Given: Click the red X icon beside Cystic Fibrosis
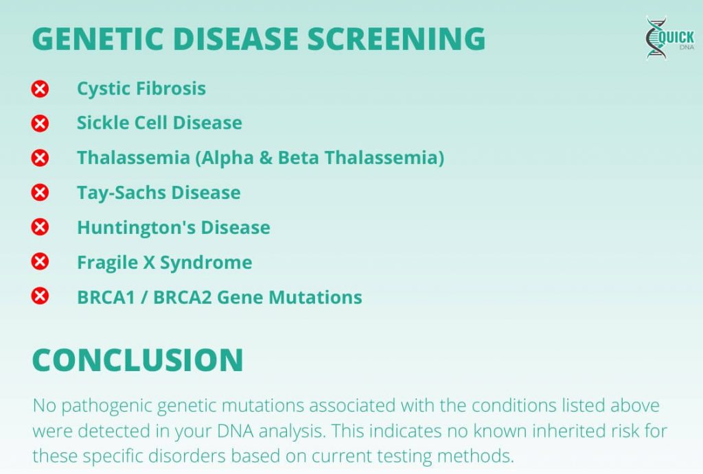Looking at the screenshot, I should click(41, 88).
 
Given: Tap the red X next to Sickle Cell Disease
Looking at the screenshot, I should click(41, 123).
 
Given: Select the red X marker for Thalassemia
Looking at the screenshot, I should click(41, 158).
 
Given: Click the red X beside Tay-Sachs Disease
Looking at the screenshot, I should click(41, 193).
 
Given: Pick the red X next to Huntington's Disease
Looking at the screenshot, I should click(41, 227).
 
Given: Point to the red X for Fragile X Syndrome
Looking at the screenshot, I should click(41, 262).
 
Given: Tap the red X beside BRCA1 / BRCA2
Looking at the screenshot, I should click(41, 297).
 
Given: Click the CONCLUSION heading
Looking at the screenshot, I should click(138, 360).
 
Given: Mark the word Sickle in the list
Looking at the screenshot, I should click(100, 123).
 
